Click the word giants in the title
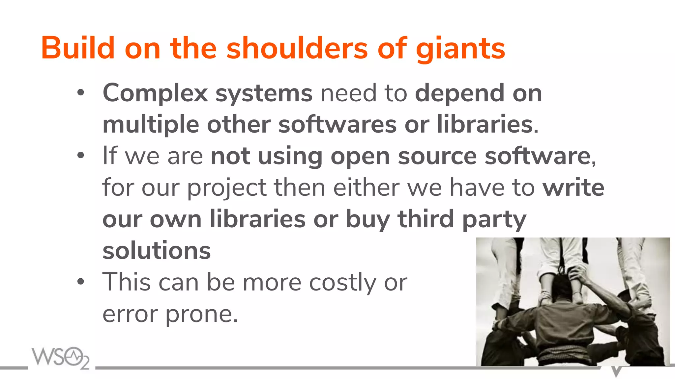pyautogui.click(x=460, y=49)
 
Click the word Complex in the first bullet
pyautogui.click(x=155, y=93)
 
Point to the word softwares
pyautogui.click(x=337, y=124)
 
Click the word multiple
pyautogui.click(x=151, y=125)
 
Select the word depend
pyautogui.click(x=459, y=93)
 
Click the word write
pyautogui.click(x=573, y=188)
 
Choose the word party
pyautogui.click(x=494, y=219)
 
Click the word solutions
pyautogui.click(x=157, y=251)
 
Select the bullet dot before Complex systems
pyautogui.click(x=81, y=93)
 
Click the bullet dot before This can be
pyautogui.click(x=81, y=282)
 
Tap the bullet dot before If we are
pyautogui.click(x=81, y=155)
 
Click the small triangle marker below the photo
pyautogui.click(x=616, y=371)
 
